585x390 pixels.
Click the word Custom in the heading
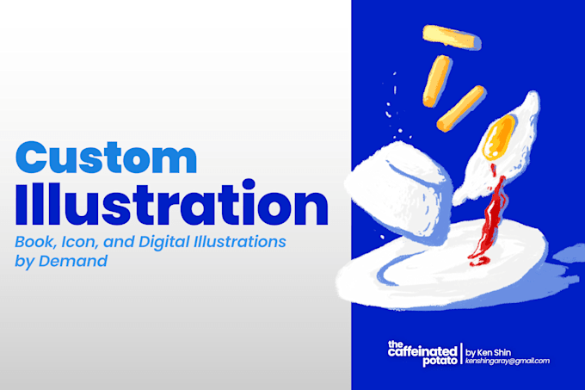(107, 158)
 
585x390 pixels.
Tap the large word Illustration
(171, 202)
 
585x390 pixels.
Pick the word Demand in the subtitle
(73, 261)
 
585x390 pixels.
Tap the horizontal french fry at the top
(452, 37)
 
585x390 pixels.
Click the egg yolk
(499, 137)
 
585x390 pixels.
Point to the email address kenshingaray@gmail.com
(508, 361)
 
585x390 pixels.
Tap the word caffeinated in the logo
(422, 351)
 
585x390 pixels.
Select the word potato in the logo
(440, 361)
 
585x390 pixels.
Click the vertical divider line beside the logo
(461, 354)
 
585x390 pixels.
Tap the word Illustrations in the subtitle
(239, 242)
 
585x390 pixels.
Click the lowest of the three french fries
(461, 108)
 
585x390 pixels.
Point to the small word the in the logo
(395, 344)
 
